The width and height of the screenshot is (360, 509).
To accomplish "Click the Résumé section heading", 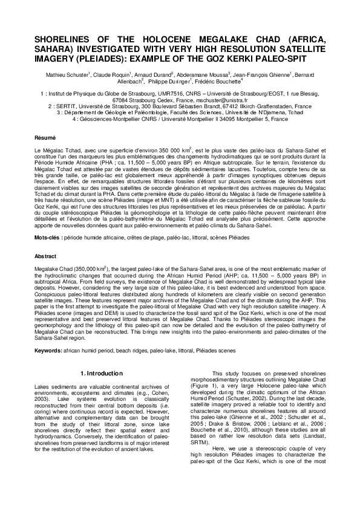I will pyautogui.click(x=44, y=138).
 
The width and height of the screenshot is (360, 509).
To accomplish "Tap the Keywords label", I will pyautogui.click(x=48, y=350).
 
